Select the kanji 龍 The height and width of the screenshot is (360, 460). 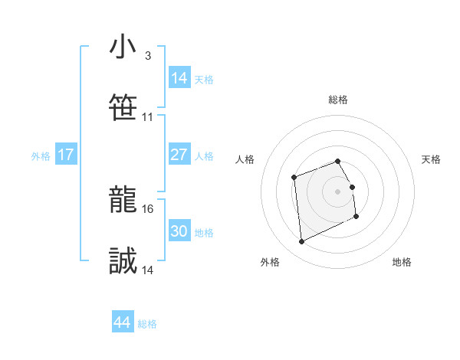[x=123, y=201]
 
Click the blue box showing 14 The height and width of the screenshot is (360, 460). [x=179, y=78]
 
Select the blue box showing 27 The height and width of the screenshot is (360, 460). [x=179, y=155]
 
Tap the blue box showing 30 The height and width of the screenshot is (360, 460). [x=179, y=231]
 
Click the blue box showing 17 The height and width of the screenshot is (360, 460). [x=66, y=155]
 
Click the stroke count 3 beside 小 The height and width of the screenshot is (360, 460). [x=147, y=56]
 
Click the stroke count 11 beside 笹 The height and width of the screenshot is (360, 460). [x=148, y=117]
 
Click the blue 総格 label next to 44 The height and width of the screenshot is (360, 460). [x=147, y=324]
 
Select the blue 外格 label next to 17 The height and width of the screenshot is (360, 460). [x=41, y=156]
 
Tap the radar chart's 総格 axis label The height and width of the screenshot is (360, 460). [x=338, y=100]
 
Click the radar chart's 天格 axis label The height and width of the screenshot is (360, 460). [x=431, y=159]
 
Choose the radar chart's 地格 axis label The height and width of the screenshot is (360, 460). [x=402, y=262]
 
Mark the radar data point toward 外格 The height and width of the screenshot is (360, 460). [x=301, y=242]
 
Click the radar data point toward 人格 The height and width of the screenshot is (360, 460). [x=294, y=178]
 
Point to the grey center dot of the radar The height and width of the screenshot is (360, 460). [x=338, y=191]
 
